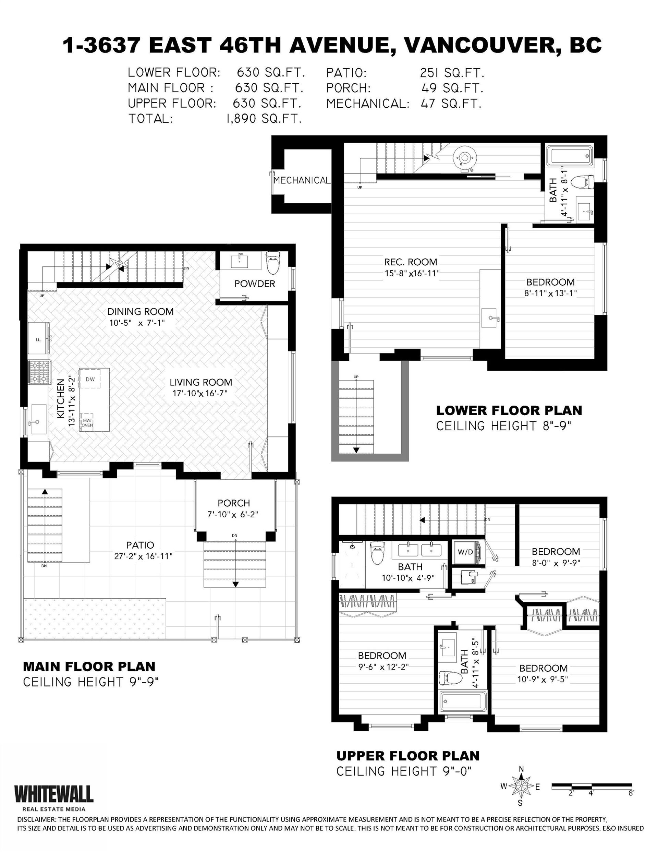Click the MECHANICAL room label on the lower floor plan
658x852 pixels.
click(x=302, y=180)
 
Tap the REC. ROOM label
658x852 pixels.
click(x=411, y=262)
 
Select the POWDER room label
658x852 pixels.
click(x=255, y=284)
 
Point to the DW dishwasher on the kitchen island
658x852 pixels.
click(x=90, y=379)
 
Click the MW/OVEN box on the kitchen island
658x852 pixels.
click(x=87, y=422)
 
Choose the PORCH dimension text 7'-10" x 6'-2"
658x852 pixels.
click(x=233, y=515)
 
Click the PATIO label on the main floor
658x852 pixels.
click(x=140, y=545)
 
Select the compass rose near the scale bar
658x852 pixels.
click(x=521, y=787)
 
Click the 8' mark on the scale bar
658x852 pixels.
click(x=631, y=793)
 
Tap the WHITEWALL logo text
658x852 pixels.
click(x=54, y=794)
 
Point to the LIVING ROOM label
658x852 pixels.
click(x=200, y=382)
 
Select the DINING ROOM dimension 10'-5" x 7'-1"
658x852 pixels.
click(x=140, y=323)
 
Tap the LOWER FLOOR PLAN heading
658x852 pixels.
click(x=509, y=410)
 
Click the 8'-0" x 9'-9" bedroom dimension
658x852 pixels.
click(x=556, y=563)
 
